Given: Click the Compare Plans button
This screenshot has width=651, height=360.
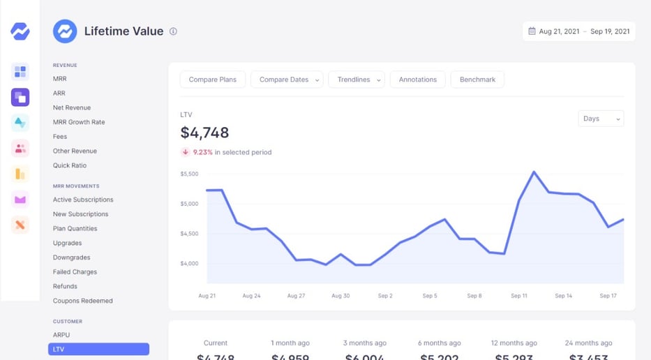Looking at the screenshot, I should (x=213, y=80).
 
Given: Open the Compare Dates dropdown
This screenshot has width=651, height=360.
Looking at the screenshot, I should (x=287, y=80).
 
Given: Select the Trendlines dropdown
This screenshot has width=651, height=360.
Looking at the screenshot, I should (x=356, y=80).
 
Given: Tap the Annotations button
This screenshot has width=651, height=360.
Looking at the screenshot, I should (x=417, y=80).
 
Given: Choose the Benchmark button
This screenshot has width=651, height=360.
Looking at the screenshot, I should (x=477, y=80).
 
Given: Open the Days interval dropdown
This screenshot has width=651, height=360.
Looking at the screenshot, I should (x=601, y=119).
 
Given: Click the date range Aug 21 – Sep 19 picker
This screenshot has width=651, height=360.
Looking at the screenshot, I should (x=579, y=31).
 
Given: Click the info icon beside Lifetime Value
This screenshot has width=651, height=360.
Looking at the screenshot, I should (x=173, y=31).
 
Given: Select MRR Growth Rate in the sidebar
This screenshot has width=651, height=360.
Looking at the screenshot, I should (x=79, y=122).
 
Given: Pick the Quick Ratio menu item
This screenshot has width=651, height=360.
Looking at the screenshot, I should (x=70, y=165).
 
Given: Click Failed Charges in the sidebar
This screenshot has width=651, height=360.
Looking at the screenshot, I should (x=75, y=272).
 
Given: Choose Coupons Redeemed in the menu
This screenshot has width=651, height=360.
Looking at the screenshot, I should (x=82, y=301).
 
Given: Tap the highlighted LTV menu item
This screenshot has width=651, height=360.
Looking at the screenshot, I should (x=98, y=349).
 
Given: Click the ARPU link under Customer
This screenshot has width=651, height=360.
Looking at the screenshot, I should (x=61, y=335).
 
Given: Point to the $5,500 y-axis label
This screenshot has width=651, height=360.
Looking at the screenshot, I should (x=189, y=174).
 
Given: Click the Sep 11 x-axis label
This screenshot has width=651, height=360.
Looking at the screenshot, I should (x=519, y=296).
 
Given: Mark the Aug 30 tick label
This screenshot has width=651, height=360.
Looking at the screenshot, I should (x=341, y=296).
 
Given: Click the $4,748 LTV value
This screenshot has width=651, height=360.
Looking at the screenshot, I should (x=204, y=133).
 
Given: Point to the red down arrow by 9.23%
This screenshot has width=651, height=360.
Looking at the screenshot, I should (x=186, y=152).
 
